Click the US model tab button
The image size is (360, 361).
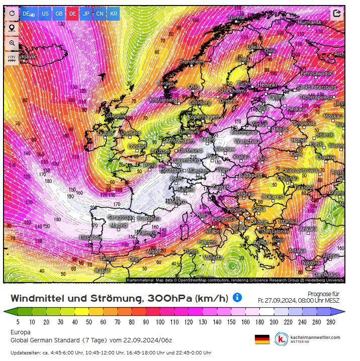click(x=45, y=14)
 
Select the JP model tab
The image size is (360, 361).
click(x=86, y=14)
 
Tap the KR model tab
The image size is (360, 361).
click(x=114, y=14)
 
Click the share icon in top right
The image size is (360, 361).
click(x=337, y=14)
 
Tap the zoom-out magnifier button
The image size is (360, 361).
click(x=12, y=43)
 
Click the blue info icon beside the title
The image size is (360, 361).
click(x=237, y=297)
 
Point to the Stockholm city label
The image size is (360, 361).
click(x=231, y=91)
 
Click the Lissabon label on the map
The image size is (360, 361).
click(x=91, y=237)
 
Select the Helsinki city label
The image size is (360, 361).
click(x=267, y=85)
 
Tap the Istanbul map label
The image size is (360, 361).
click(x=289, y=221)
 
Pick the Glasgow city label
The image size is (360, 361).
click(x=116, y=116)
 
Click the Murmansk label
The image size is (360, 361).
click(x=309, y=23)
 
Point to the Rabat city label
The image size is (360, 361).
click(x=102, y=270)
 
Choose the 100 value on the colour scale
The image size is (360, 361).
click(x=160, y=322)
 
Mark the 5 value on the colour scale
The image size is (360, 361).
click(x=18, y=322)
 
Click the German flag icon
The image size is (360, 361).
click(x=262, y=339)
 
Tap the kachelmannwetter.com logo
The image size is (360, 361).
click(x=308, y=339)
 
